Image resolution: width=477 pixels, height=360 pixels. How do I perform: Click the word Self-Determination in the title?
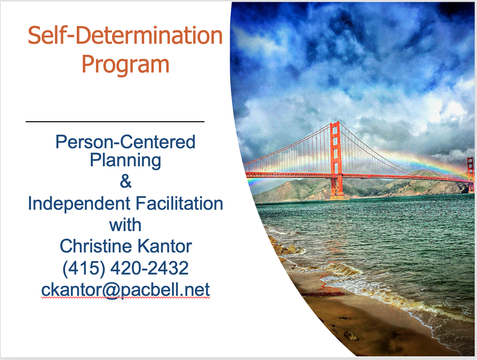click(125, 35)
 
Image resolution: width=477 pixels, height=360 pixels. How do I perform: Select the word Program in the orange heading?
click(126, 64)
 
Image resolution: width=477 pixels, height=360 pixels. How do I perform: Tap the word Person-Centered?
click(126, 142)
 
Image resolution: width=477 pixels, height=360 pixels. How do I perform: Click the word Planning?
click(126, 160)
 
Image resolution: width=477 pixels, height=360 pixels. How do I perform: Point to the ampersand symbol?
click(126, 182)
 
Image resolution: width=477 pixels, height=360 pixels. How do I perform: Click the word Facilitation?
click(179, 203)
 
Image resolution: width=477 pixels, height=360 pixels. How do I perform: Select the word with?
click(125, 225)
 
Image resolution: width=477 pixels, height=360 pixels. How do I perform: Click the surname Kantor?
click(165, 246)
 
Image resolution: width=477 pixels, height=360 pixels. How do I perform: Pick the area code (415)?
click(84, 268)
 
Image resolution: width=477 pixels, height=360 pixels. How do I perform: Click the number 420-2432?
click(150, 267)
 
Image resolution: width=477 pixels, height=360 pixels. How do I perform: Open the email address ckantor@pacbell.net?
click(126, 290)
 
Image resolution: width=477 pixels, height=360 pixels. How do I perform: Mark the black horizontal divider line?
click(115, 122)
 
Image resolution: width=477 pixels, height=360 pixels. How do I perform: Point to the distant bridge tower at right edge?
click(471, 174)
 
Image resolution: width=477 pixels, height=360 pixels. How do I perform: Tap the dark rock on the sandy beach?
click(351, 335)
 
